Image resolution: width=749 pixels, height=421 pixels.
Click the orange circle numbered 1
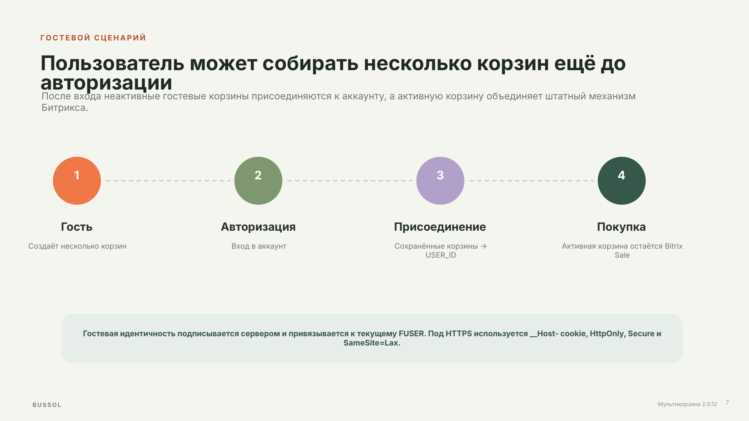point(77,181)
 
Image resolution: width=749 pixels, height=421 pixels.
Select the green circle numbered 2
point(258,181)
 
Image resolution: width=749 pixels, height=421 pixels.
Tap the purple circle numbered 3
point(440,181)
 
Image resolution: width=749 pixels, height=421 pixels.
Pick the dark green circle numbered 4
point(622,181)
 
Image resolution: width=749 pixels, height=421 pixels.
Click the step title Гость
point(77,227)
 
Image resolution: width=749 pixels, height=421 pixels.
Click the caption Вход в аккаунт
point(259,246)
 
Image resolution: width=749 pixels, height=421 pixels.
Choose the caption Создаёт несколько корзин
point(77,246)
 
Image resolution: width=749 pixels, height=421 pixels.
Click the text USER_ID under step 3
point(441,255)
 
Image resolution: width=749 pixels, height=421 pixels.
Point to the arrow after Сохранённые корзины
point(484,246)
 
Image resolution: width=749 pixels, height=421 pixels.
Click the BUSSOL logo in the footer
point(47,405)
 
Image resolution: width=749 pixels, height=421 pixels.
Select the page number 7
point(727,402)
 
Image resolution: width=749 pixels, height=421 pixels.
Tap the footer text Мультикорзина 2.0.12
point(687,404)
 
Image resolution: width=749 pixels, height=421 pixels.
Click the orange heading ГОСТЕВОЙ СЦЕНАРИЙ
point(93,38)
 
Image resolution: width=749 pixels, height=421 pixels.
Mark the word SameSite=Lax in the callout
point(372,343)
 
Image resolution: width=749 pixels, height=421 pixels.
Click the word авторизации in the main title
point(106,83)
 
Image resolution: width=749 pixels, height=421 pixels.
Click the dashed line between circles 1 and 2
point(168,181)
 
